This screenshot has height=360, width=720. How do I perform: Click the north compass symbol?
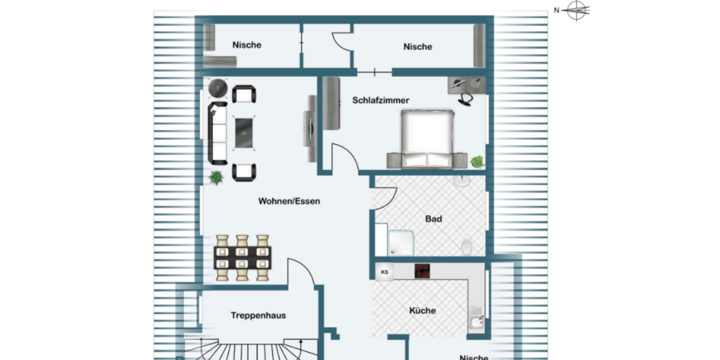coord(577,10)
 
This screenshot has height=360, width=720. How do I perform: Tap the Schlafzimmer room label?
coord(380,100)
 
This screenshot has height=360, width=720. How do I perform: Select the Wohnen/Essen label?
coord(289,201)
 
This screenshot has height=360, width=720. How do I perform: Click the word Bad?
coord(433,219)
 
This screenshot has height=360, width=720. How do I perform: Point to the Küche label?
coord(422,311)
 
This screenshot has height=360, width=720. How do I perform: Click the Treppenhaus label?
coord(258,316)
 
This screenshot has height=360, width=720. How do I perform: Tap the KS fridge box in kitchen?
coord(385,272)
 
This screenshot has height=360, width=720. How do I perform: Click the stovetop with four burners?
coord(422,271)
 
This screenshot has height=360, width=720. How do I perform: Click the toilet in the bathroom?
coord(466,247)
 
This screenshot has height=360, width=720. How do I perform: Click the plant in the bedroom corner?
coord(478,161)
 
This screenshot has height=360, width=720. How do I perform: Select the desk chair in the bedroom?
coord(466,98)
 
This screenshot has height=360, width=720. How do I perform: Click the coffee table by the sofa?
coord(244,133)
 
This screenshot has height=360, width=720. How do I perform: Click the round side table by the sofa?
coord(217,88)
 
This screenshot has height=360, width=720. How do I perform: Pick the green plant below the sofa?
coord(215,178)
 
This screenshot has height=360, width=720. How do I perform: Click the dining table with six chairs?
coord(242,258)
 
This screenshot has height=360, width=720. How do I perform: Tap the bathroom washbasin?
coord(461,182)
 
